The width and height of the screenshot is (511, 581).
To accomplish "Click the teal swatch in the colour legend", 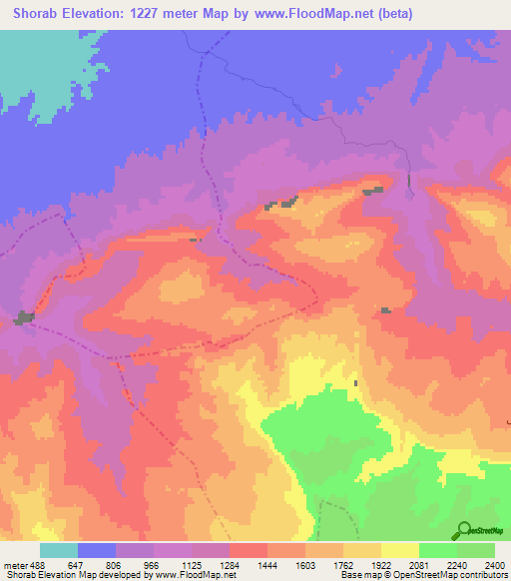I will coord(58,551).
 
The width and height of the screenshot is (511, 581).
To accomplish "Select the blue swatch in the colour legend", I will coord(97,551).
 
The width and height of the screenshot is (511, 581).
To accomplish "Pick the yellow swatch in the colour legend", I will coord(399,551).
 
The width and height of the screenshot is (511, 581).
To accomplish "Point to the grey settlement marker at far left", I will coord(23,318).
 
